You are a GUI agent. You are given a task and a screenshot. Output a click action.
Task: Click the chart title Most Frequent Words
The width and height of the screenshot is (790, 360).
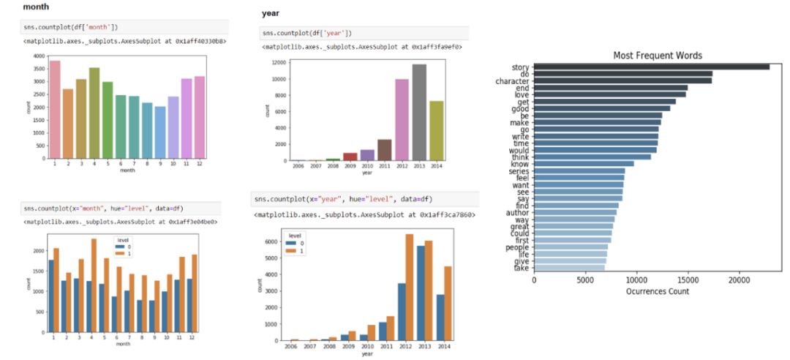point(658,56)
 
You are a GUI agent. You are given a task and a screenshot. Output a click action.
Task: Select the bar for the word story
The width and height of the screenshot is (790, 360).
point(651,67)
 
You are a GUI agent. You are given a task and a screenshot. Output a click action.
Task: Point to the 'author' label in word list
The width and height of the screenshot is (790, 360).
point(517,212)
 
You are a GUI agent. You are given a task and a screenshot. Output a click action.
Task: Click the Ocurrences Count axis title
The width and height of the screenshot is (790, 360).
point(658,291)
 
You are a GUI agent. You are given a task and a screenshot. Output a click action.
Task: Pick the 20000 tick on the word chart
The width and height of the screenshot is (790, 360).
point(740,280)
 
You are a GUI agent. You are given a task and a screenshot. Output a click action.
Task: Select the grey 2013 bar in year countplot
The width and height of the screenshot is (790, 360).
point(419,112)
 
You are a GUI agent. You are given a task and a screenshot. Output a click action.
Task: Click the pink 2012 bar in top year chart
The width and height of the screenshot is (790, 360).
point(402,119)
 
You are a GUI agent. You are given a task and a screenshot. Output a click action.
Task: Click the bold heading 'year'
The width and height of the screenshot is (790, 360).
point(270,13)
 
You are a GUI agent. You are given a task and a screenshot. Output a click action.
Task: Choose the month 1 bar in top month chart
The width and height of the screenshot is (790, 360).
point(55,109)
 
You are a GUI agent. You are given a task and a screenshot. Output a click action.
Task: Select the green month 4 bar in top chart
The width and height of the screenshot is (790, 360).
point(94,113)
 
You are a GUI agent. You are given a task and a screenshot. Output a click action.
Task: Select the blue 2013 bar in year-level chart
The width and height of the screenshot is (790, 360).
point(421,293)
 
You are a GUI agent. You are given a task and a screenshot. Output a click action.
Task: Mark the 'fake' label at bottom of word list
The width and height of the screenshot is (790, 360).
point(520,268)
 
